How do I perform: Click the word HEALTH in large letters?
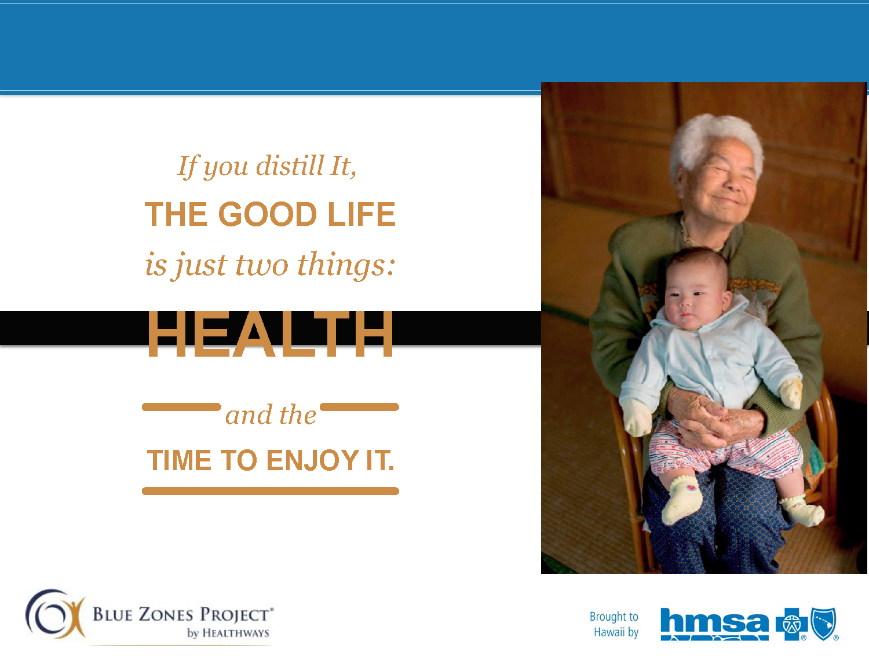tap(270, 334)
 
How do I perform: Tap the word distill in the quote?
tap(290, 166)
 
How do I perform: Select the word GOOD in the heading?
tap(268, 214)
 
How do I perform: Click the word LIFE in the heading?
tap(362, 214)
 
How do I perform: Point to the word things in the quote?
tap(346, 265)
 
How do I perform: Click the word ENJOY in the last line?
tap(313, 460)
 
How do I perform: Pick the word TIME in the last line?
tap(179, 460)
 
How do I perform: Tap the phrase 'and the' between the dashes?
tap(271, 415)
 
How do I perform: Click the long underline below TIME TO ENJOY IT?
tap(271, 490)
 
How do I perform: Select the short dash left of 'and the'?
tap(182, 406)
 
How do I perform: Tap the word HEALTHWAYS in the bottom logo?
tap(236, 633)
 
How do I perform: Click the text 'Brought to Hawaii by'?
tap(614, 624)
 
